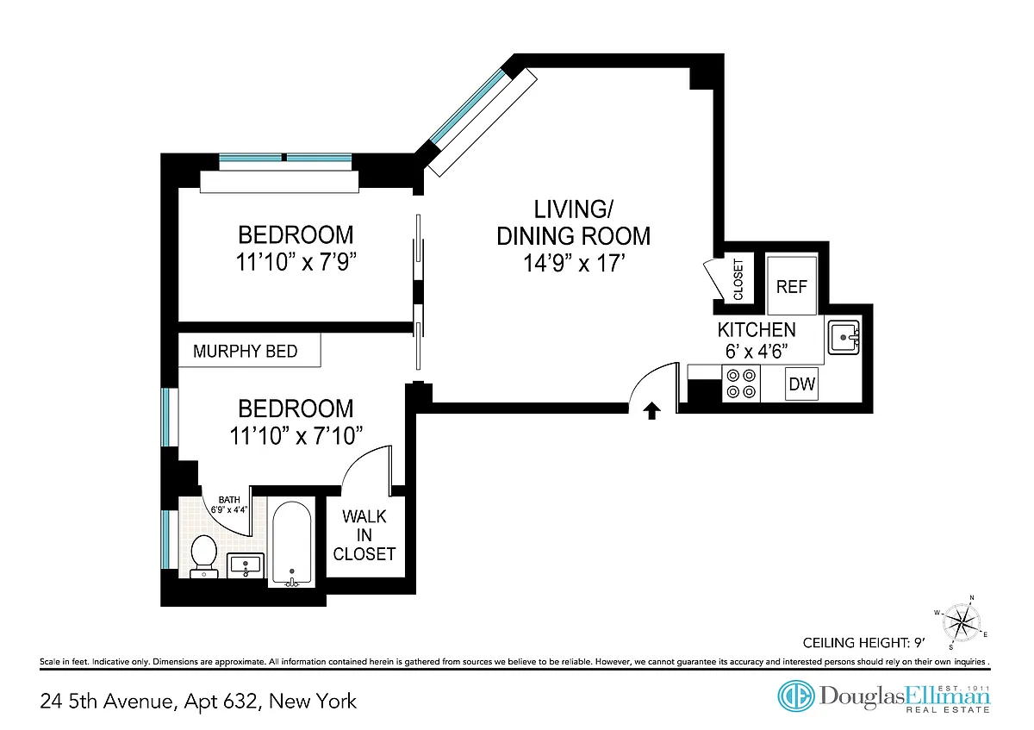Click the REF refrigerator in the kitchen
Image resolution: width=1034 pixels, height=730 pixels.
point(792,286)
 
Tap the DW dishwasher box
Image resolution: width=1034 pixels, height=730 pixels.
point(802,384)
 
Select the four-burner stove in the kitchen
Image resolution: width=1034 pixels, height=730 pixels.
point(741,384)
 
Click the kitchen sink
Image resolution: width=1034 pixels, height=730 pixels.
point(844,338)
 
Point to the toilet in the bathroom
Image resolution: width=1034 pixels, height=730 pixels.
point(203,557)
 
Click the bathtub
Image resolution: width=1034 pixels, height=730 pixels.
point(291,544)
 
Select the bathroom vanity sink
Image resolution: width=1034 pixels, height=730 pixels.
point(246,565)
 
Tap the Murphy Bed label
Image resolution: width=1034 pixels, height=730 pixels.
point(245,352)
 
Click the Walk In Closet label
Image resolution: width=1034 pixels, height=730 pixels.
point(364,535)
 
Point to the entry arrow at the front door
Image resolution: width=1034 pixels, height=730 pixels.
point(651,410)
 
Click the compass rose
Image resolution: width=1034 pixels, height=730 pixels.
point(962,623)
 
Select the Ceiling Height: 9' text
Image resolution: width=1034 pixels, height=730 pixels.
point(864,643)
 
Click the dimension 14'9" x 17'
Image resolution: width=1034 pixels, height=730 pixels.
point(574,264)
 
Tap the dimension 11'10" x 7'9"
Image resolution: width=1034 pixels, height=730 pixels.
point(296,262)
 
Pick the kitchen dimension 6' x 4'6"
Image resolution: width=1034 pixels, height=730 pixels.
point(757,352)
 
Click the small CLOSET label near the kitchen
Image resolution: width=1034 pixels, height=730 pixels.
point(738,279)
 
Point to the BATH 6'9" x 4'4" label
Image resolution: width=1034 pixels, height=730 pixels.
point(229,505)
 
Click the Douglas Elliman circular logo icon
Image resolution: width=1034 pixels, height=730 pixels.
point(796,696)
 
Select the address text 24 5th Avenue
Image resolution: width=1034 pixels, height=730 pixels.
point(108,702)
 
